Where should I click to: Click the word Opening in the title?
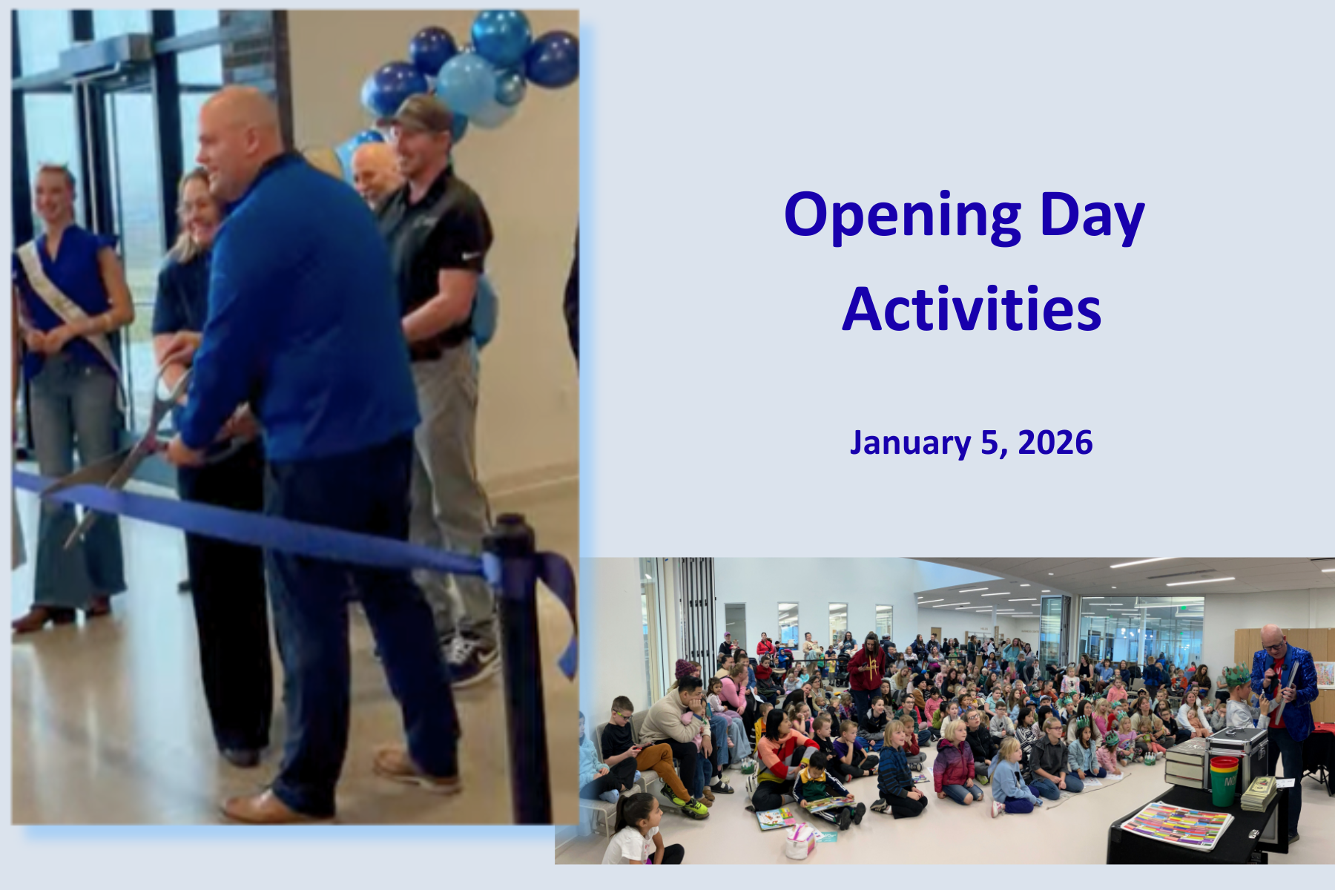pos(903,216)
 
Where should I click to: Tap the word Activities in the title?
pos(972,309)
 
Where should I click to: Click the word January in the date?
pos(910,444)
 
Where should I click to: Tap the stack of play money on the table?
pos(1259,793)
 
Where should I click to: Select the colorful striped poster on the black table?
pos(1176,825)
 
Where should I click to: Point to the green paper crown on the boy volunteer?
pos(1236,675)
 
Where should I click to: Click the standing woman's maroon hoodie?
pos(866,668)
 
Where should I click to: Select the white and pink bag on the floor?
pos(799,843)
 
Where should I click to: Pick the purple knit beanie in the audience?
pos(684,668)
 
